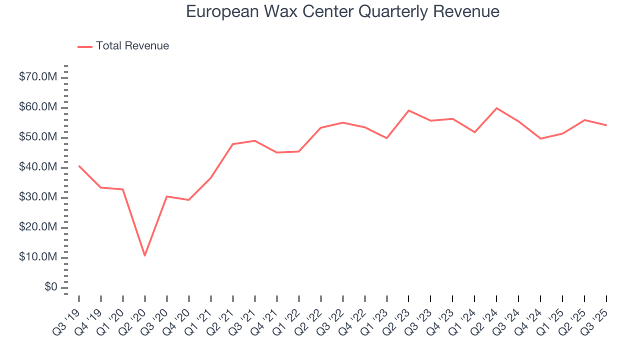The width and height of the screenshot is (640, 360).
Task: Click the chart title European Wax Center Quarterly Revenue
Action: pos(342,11)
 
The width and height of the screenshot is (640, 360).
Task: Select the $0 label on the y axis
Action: pos(50,287)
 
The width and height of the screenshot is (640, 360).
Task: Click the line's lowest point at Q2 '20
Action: pos(145,255)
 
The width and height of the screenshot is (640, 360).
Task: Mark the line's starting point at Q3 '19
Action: pos(79,166)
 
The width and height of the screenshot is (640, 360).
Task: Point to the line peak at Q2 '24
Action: pos(496,108)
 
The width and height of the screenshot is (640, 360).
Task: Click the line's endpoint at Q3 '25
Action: pos(606,125)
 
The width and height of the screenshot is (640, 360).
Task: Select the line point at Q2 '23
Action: pos(408,110)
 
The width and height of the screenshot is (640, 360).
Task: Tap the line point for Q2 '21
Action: pos(233,144)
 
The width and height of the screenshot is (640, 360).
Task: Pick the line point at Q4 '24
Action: pos(540,138)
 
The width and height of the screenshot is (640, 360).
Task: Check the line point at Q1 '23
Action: pos(386,138)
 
